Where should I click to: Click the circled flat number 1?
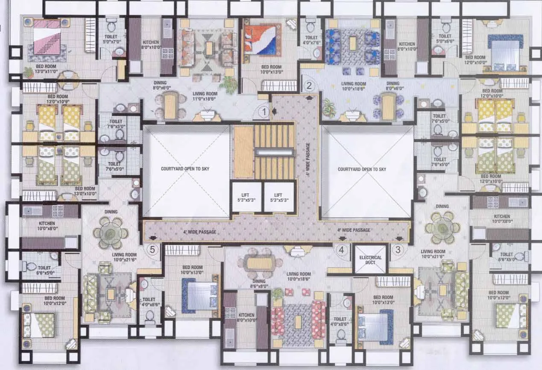coord(265,112)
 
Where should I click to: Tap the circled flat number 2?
coord(309,85)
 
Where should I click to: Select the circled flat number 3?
coord(398,249)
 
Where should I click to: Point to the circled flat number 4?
coord(341,249)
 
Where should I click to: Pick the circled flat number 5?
coord(153,249)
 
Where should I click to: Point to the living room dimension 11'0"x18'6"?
coord(203,99)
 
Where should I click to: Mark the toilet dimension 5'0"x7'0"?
coord(112,42)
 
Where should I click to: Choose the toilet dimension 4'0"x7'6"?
coord(311,42)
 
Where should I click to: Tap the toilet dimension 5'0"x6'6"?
coord(446,42)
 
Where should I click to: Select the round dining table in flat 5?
coord(111,233)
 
